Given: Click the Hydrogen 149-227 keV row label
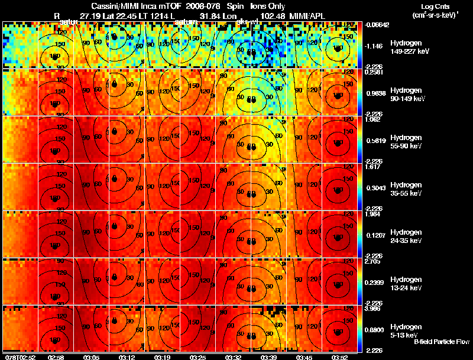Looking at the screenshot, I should pos(405,47).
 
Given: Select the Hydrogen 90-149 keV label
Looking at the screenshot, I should pos(405,94).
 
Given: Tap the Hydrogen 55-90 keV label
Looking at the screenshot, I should pos(405,141).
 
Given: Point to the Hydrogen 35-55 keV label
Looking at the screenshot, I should pos(405,189).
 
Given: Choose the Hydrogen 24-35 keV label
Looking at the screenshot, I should pos(405,236).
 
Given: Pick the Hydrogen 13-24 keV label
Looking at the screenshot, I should pos(405,283).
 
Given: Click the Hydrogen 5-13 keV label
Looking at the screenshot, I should pos(405,330).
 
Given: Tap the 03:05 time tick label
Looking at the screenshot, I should pos(92,356).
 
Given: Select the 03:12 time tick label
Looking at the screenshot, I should pos(128,356).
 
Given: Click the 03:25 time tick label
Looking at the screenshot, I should pos(198,356).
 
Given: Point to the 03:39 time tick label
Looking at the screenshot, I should pos(269,356).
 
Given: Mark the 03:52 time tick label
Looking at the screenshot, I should pos(340,356).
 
